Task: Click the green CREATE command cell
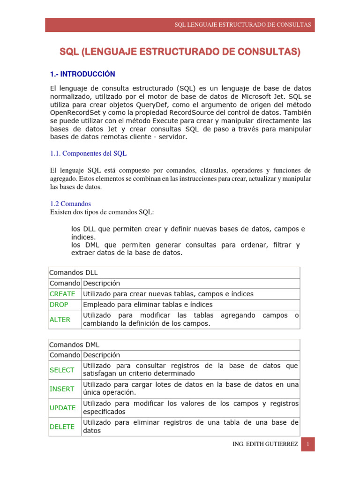[x=62, y=294]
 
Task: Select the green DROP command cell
[x=59, y=305]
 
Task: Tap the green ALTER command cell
[x=60, y=320]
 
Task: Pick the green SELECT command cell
[x=62, y=370]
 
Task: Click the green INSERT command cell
[x=62, y=389]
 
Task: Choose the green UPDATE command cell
[x=62, y=408]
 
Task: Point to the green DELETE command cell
[x=62, y=427]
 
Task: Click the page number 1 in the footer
[x=307, y=444]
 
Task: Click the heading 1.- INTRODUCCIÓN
[x=82, y=74]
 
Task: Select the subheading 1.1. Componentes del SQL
[x=88, y=153]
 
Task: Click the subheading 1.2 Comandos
[x=70, y=204]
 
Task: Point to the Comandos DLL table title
[x=74, y=272]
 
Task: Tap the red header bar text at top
[x=242, y=25]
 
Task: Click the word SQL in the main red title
[x=69, y=52]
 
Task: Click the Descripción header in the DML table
[x=101, y=355]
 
